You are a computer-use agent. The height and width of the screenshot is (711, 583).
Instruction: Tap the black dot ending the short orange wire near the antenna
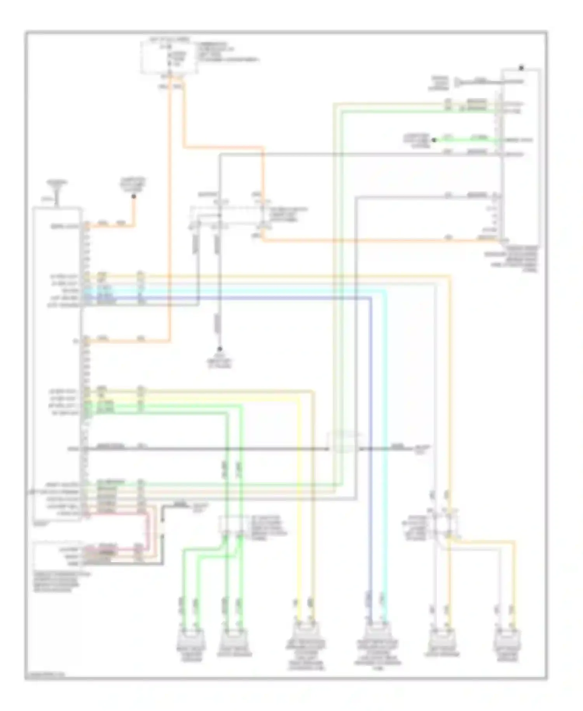[133, 197]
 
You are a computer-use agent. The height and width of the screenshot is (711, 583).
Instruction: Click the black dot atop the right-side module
[521, 68]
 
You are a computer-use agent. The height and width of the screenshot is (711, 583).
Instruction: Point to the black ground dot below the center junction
[220, 349]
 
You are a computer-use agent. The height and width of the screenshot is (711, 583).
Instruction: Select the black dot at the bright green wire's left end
[435, 140]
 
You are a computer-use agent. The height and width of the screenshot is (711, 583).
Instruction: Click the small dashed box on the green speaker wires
[232, 525]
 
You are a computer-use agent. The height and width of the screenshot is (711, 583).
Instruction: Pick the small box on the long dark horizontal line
[342, 442]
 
